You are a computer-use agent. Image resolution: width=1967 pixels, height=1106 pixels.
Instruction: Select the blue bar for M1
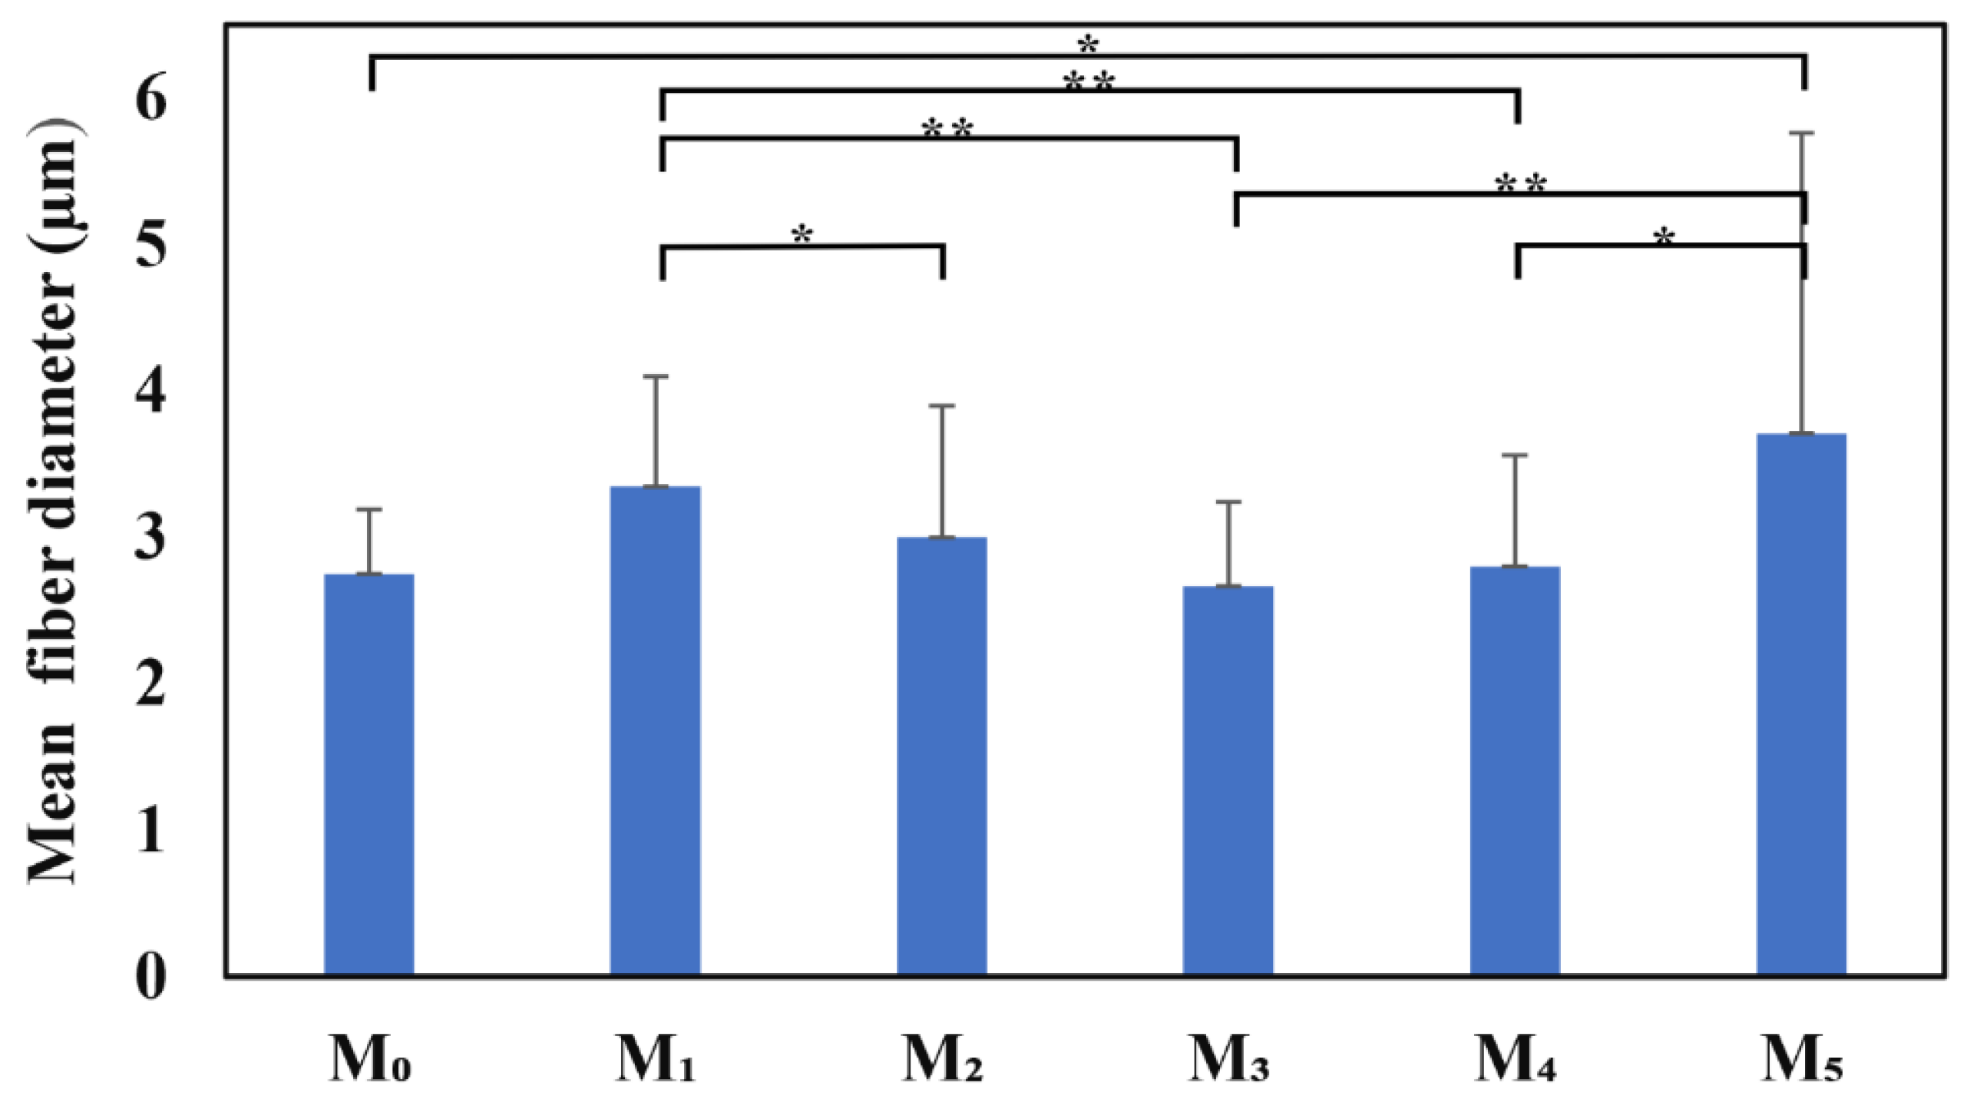(655, 730)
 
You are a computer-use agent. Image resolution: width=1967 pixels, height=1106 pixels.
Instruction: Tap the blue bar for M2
(942, 756)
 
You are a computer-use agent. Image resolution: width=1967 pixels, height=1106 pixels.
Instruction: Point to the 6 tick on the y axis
(150, 100)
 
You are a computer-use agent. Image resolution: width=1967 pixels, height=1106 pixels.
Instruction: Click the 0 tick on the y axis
(150, 978)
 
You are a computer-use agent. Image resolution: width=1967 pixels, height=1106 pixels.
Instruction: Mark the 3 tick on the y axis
(150, 538)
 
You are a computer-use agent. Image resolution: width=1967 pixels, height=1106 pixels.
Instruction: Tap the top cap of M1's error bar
(655, 376)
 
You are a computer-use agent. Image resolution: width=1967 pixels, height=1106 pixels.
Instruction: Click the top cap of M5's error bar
(1801, 134)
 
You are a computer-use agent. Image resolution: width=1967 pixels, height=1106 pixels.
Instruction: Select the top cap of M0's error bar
(369, 509)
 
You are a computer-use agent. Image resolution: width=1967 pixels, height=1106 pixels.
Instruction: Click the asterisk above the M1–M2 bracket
(802, 235)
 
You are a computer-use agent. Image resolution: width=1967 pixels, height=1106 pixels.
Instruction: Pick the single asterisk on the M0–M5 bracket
(1087, 45)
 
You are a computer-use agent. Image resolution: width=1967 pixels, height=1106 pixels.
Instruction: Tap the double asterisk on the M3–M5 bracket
(1520, 184)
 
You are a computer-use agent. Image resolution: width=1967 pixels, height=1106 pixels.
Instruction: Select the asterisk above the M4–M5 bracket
(1663, 237)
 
